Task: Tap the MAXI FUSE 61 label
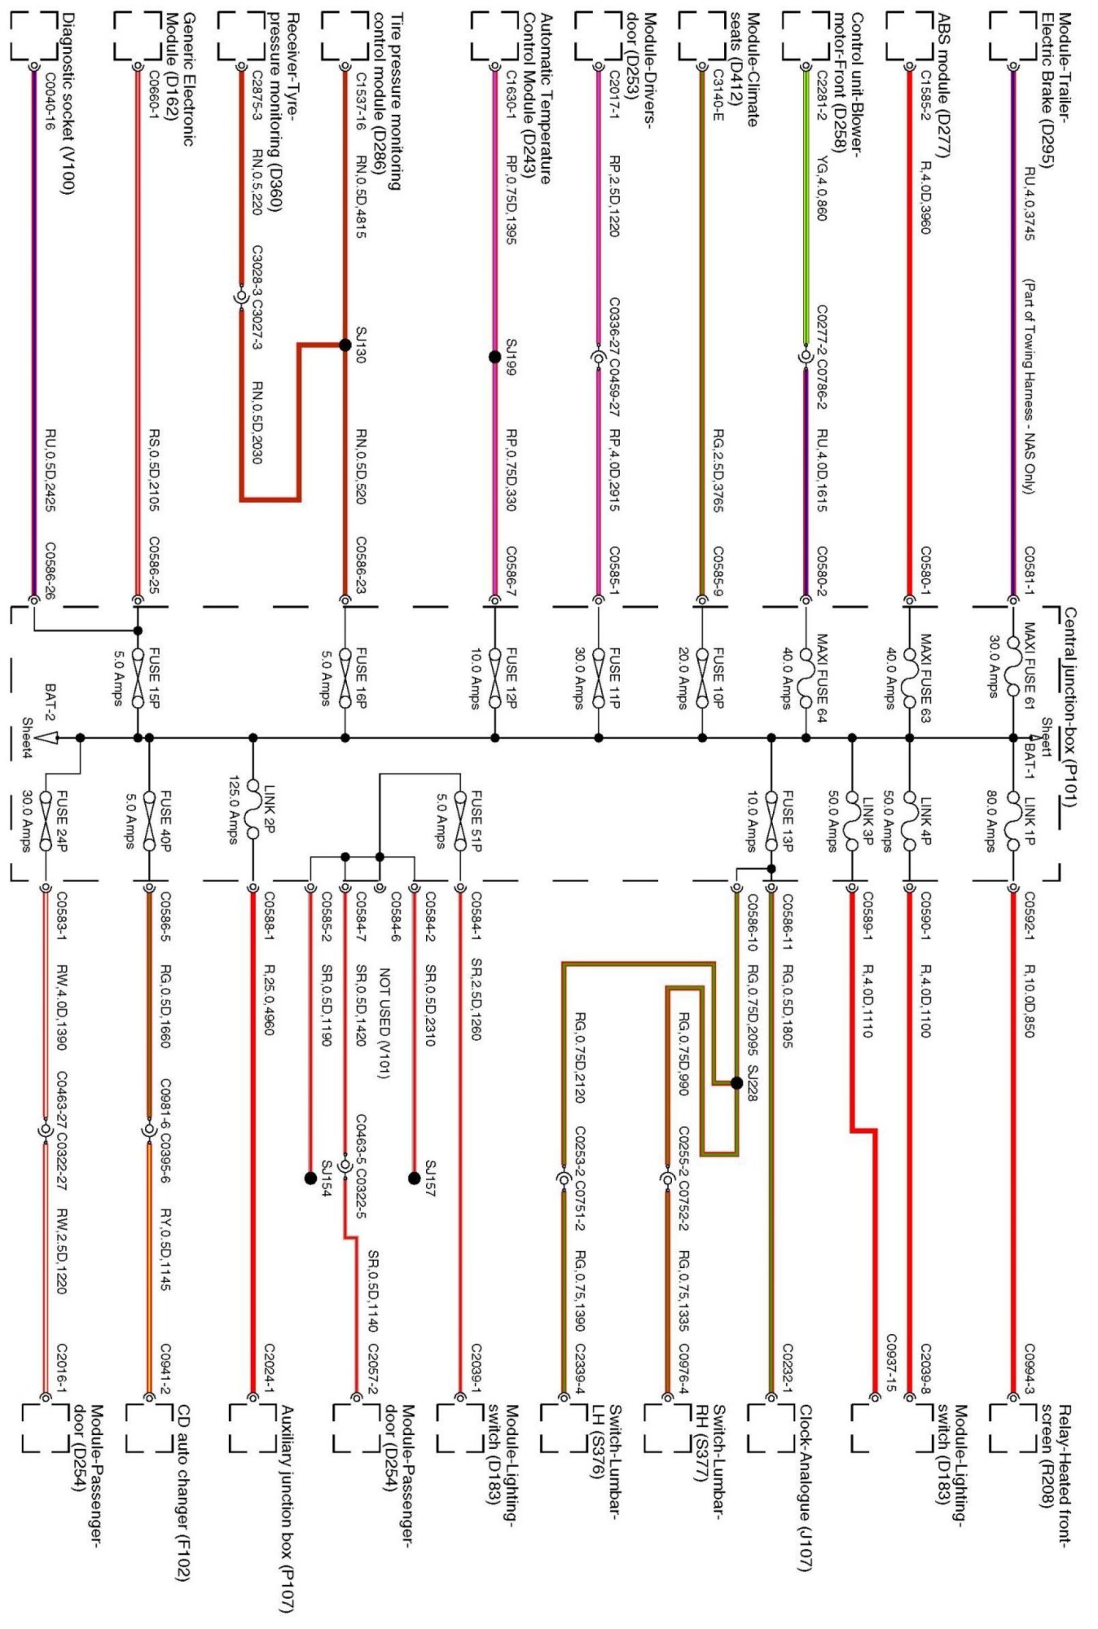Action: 1029,666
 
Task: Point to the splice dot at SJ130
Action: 345,345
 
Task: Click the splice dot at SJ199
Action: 494,357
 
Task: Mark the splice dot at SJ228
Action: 736,1082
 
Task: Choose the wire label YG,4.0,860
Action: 822,188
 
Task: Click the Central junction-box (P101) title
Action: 1069,708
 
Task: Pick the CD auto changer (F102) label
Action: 182,1494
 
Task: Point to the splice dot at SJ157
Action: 414,1178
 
